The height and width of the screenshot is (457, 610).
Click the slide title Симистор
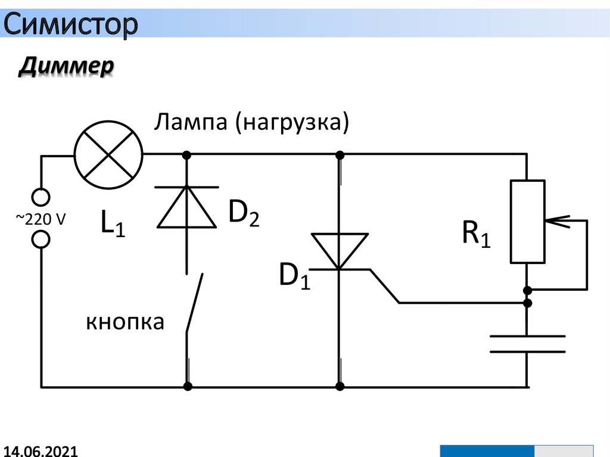point(71,24)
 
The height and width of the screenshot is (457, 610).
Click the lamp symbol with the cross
point(108,156)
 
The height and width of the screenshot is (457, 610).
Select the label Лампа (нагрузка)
point(251,123)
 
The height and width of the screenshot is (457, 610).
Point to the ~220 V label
point(41,219)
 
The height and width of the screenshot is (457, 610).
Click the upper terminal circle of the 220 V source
point(41,197)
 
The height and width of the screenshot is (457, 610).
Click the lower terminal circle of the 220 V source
point(41,240)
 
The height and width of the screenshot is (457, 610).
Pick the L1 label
point(113,226)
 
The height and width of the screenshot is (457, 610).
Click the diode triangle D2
point(187,207)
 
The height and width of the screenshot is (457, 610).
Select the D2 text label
point(244,214)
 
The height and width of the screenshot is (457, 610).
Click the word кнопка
point(125,322)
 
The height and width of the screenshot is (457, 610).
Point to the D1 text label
point(295,276)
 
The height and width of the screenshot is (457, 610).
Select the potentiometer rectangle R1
point(527,221)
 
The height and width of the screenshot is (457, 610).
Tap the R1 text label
point(477,235)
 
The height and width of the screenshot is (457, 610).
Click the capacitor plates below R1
point(527,344)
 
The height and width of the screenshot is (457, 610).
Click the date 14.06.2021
point(41,450)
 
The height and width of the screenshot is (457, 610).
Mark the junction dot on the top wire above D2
point(187,156)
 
